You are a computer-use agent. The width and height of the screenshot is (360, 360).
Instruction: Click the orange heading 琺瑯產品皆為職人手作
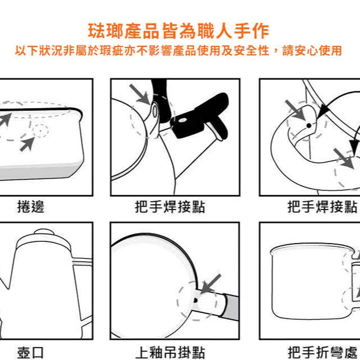(179, 31)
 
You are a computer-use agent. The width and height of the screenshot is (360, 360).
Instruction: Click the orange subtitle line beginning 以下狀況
(179, 50)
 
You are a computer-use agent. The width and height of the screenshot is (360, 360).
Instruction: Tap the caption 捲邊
(31, 207)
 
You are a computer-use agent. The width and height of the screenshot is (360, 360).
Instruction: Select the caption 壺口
(30, 352)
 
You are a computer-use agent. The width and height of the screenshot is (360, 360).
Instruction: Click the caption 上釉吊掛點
(170, 352)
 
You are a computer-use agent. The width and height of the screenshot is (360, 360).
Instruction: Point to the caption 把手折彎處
(322, 352)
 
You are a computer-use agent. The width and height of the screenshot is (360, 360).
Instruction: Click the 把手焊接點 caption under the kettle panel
(170, 207)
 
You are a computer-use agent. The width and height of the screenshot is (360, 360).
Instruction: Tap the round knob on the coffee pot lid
(44, 232)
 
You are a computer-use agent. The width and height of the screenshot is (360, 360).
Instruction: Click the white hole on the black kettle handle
(183, 120)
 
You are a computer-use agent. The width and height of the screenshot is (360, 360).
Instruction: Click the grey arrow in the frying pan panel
(211, 284)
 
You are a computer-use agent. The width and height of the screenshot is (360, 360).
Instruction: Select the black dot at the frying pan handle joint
(195, 300)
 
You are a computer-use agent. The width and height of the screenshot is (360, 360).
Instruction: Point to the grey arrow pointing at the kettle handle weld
(140, 95)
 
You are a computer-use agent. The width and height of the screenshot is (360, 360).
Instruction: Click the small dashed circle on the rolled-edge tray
(40, 130)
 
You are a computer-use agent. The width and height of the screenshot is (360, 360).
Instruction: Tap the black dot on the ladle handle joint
(309, 125)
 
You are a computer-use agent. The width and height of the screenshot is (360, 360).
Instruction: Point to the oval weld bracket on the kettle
(155, 112)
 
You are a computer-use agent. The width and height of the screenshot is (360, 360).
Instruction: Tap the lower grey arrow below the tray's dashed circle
(27, 144)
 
